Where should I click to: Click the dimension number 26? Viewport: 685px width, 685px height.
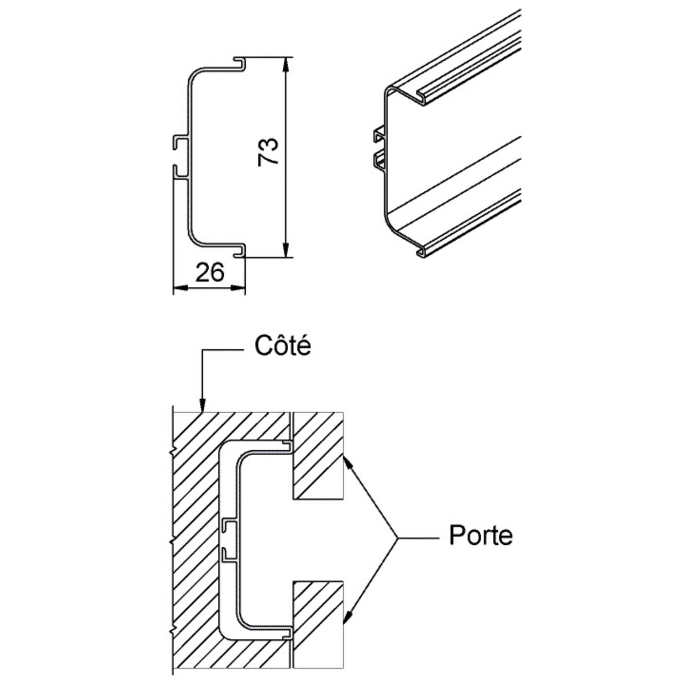click(x=210, y=273)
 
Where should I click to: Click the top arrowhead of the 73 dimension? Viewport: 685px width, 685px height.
click(x=286, y=64)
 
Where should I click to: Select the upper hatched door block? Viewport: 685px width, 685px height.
click(x=318, y=454)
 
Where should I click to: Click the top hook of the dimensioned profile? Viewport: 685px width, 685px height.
click(x=241, y=64)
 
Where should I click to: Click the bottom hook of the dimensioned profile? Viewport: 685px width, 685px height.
click(x=241, y=251)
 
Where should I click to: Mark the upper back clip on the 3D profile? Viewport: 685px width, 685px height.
click(x=379, y=135)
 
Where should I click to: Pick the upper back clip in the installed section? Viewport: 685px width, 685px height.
click(x=228, y=526)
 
